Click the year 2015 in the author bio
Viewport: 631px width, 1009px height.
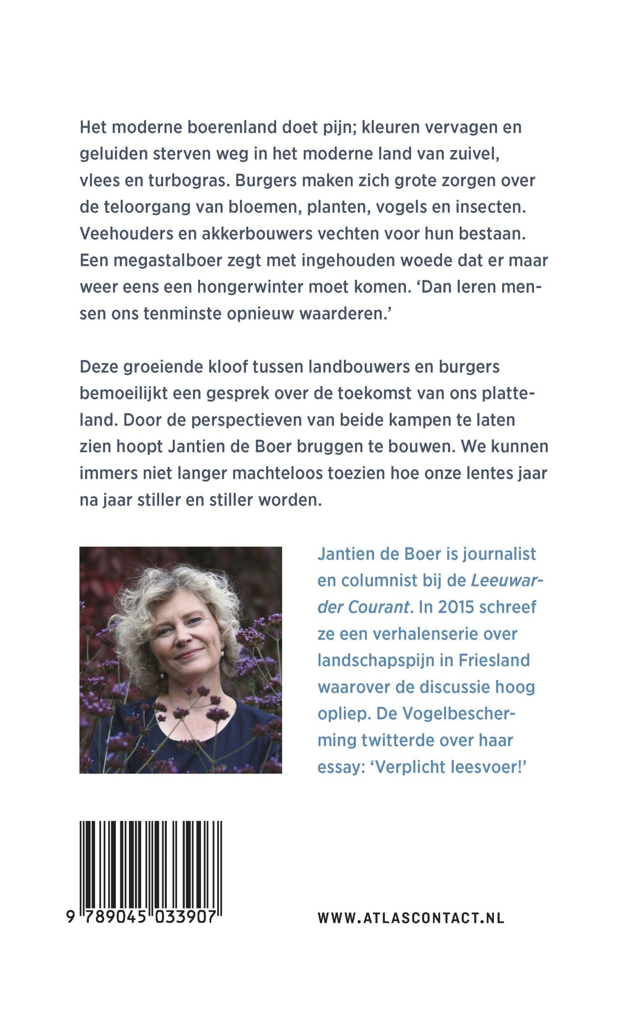[456, 607]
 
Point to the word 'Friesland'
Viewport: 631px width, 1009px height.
[494, 660]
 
